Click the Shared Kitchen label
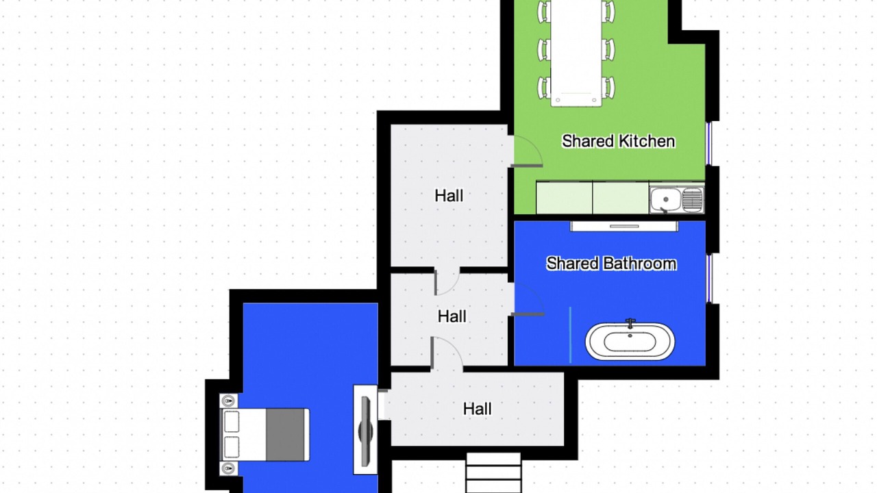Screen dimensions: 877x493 point(618,141)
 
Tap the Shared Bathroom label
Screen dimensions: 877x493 point(611,264)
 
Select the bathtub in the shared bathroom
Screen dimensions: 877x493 point(630,341)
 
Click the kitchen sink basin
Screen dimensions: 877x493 point(665,199)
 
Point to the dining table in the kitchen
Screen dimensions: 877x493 point(576,53)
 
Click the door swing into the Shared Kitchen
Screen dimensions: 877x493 point(528,151)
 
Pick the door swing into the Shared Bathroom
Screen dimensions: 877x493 point(528,299)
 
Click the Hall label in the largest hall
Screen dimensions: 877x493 point(449,196)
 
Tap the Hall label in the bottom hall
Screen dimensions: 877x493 point(478,409)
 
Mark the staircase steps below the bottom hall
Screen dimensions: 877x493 point(494,473)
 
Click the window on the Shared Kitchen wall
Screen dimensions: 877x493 point(708,144)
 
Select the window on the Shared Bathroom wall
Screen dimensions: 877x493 point(709,278)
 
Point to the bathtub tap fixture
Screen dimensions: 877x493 point(630,324)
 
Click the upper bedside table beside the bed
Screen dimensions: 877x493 point(229,401)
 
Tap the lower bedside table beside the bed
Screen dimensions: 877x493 point(229,468)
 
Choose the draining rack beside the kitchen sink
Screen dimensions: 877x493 point(692,199)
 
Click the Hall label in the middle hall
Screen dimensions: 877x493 point(452,316)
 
